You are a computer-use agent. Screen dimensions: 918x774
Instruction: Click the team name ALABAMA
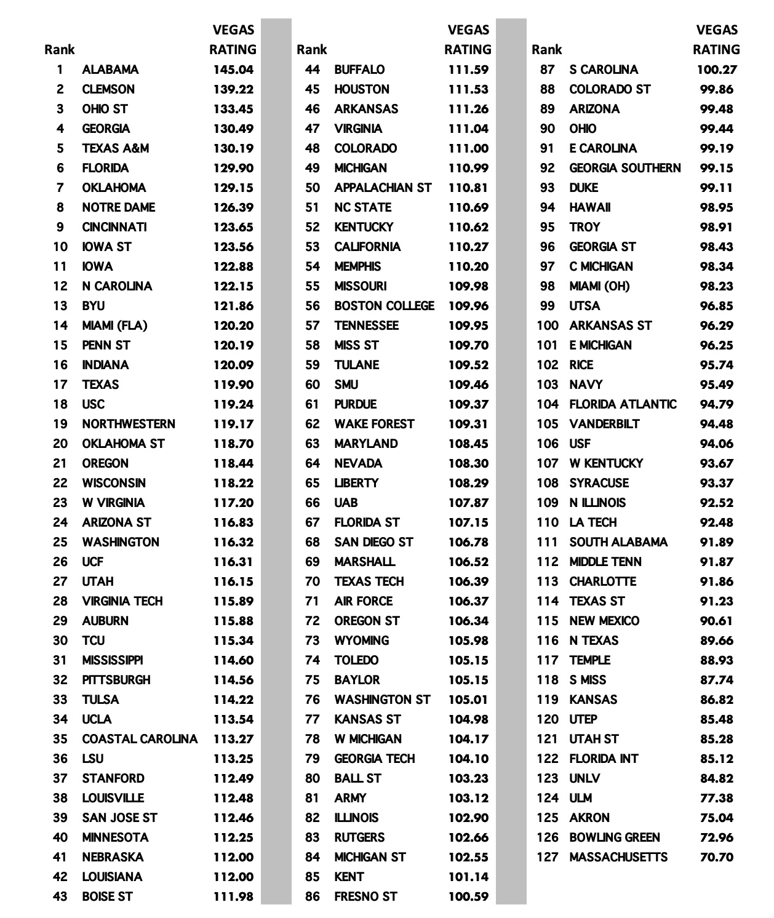pos(110,70)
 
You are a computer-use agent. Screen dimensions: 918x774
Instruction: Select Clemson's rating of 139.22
pos(233,89)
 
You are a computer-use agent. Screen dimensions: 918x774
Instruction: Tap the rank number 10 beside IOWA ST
pos(60,247)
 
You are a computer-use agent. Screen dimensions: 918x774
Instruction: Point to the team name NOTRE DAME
pos(118,207)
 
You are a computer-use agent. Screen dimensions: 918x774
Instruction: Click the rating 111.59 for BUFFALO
pos(468,70)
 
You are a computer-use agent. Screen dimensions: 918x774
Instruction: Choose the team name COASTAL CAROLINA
pos(140,739)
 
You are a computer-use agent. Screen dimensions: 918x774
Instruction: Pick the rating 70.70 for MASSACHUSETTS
pos(716,857)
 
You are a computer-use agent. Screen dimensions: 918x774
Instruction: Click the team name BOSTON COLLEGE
pos(384,306)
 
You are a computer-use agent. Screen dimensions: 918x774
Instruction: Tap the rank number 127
pos(547,857)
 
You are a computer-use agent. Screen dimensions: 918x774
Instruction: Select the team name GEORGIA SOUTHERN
pos(624,168)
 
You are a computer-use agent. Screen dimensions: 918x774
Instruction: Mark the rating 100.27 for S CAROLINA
pos(716,70)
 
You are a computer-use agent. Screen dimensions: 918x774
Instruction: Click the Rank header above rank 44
pos(311,50)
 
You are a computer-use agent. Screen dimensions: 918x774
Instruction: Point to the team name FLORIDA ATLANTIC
pos(623,404)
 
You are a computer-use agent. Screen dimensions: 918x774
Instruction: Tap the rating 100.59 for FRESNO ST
pos(468,896)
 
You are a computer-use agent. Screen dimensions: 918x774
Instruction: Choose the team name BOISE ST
pos(107,896)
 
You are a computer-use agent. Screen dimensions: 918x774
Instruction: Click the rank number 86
pos(313,896)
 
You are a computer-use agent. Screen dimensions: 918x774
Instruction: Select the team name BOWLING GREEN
pos(614,837)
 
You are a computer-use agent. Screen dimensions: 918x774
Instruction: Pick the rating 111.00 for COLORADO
pos(468,148)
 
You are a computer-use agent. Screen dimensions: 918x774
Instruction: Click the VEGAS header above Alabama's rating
pos(233,30)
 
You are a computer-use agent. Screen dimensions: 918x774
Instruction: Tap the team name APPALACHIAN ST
pos(383,188)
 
